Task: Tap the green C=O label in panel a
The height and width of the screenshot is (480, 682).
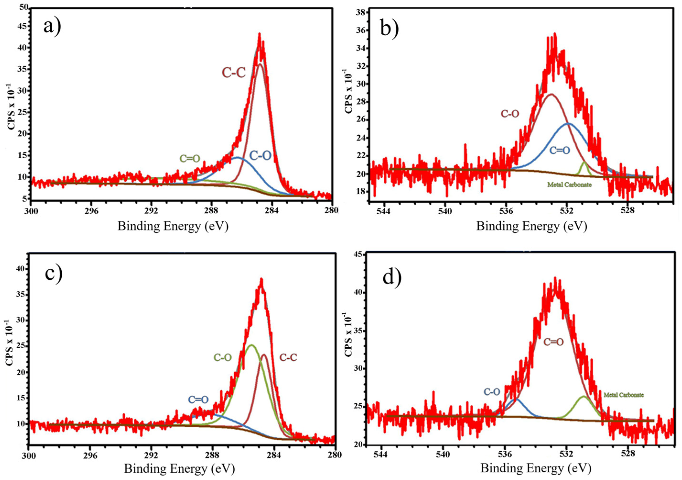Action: click(x=190, y=159)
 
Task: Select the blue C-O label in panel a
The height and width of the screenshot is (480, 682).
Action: click(x=260, y=155)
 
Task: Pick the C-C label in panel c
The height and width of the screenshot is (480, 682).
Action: click(x=288, y=358)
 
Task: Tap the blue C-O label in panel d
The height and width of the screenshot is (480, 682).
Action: click(x=492, y=392)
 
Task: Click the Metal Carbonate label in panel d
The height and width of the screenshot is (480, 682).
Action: click(x=623, y=395)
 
